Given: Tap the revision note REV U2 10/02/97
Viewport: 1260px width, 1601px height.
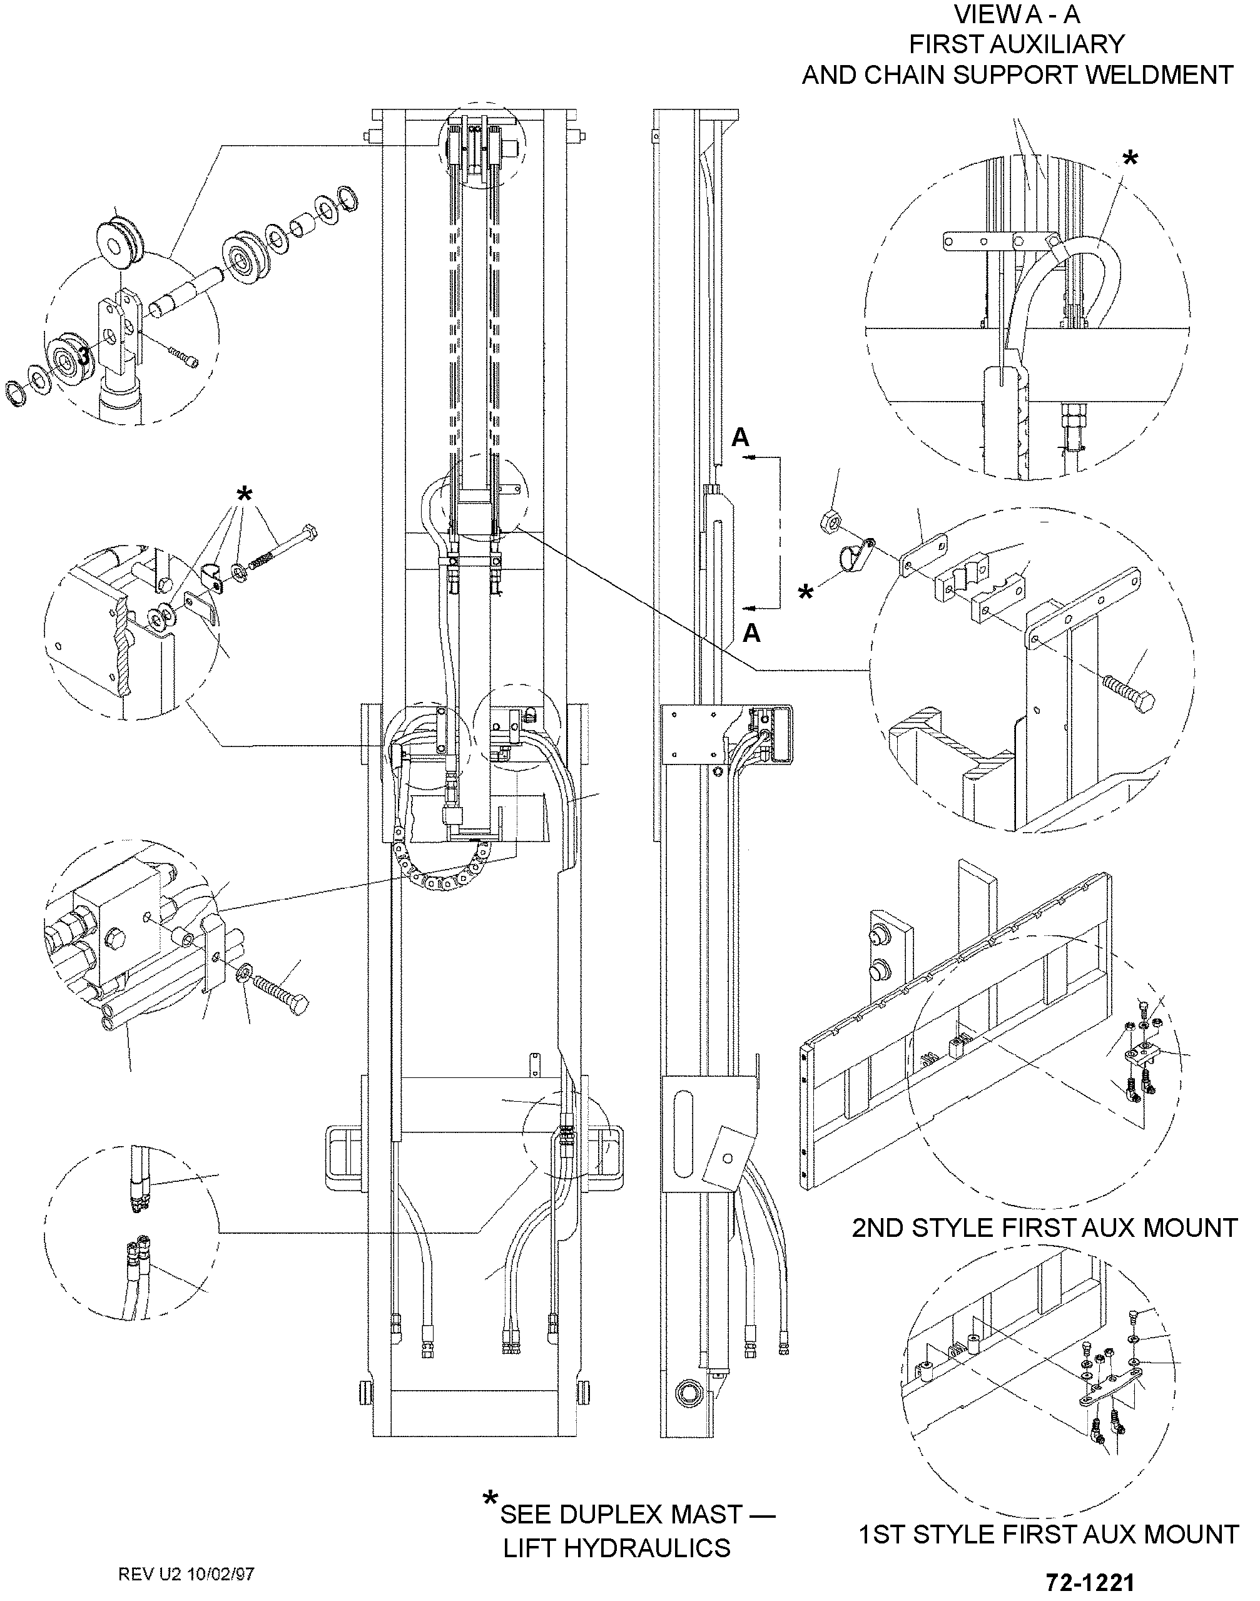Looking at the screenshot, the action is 186,1573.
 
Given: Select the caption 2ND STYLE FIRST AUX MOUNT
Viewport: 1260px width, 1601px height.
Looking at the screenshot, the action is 1045,1227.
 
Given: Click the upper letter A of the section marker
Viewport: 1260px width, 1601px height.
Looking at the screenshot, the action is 740,437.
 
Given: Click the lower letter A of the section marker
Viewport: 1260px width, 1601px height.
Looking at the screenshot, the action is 751,633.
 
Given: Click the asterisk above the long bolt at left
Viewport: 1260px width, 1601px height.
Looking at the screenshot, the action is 243,493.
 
